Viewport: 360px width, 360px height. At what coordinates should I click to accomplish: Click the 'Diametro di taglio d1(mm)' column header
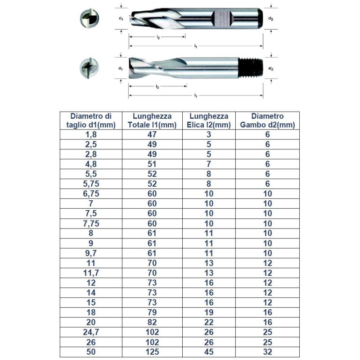tap(91, 121)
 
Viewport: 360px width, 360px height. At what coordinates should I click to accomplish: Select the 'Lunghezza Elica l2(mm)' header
tap(209, 121)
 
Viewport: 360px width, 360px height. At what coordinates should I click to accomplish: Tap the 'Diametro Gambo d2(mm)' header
tap(267, 121)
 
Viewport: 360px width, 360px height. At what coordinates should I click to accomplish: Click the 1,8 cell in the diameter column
tap(91, 135)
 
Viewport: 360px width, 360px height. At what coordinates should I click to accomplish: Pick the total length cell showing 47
tap(152, 135)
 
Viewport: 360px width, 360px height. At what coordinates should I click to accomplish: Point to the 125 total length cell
tap(152, 352)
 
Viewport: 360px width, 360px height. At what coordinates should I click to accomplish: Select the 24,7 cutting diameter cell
tap(91, 332)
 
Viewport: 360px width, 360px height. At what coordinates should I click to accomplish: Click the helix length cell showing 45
tap(209, 352)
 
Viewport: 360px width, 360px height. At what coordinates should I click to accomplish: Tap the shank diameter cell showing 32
tap(267, 352)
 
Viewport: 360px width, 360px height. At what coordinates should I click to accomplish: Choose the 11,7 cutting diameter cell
tap(91, 273)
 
